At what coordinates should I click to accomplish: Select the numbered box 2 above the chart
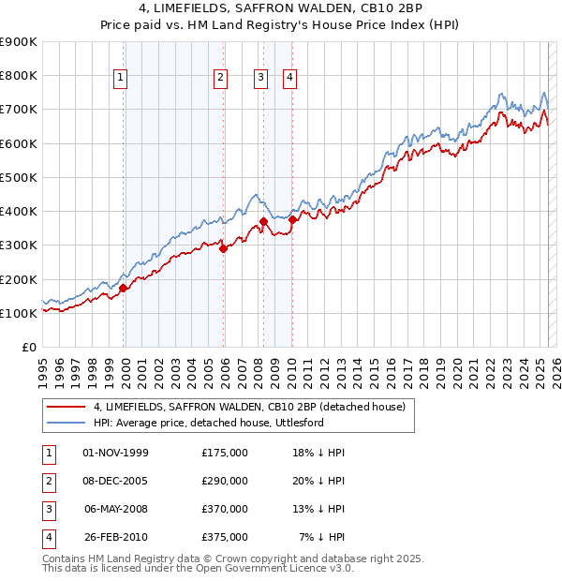[x=220, y=78]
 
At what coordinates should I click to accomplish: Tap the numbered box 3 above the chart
[x=260, y=78]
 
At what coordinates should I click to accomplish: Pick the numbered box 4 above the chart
[x=290, y=78]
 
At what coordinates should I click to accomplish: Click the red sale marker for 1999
[x=123, y=288]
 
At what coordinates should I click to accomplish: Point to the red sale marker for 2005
[x=224, y=248]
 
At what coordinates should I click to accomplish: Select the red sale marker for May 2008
[x=263, y=221]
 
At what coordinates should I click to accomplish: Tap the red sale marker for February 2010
[x=293, y=219]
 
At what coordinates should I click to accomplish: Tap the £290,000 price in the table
[x=225, y=481]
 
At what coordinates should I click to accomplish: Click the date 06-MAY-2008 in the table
[x=116, y=509]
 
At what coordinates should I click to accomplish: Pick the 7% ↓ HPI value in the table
[x=322, y=537]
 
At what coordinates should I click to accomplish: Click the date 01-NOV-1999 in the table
[x=116, y=453]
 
